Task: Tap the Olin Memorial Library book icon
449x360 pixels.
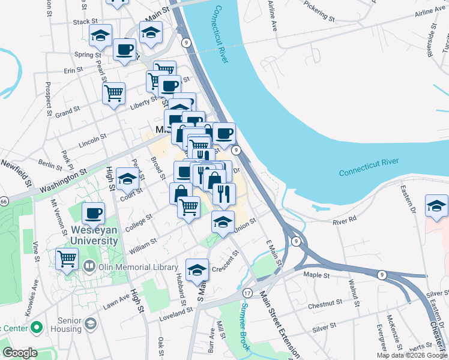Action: [89, 265]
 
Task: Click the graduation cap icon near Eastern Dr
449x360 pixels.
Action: [436, 206]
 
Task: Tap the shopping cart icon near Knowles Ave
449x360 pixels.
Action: [67, 259]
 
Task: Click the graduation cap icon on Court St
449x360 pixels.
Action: [127, 178]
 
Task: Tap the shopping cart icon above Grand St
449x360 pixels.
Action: [113, 92]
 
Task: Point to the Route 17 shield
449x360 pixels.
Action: [247, 292]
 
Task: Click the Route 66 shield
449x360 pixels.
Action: [3, 200]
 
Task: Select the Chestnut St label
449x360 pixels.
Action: [325, 305]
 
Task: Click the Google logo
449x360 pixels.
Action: [20, 353]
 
